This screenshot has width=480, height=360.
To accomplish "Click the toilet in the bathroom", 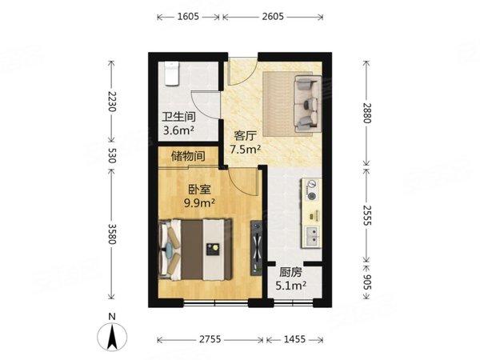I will tap(170, 74).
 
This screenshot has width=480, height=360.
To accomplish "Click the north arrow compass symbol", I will tap(114, 334).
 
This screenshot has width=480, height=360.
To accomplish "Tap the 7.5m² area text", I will tap(246, 149).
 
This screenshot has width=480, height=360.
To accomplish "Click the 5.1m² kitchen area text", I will tap(292, 285).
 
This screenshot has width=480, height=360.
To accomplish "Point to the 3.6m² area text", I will tap(178, 130).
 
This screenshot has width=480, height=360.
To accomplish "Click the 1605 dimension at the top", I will tap(189, 16).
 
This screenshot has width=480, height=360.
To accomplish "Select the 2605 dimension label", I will tap(274, 16).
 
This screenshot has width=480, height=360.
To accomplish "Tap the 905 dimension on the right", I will tap(368, 284).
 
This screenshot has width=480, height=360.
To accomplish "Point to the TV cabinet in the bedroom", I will tap(255, 248).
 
